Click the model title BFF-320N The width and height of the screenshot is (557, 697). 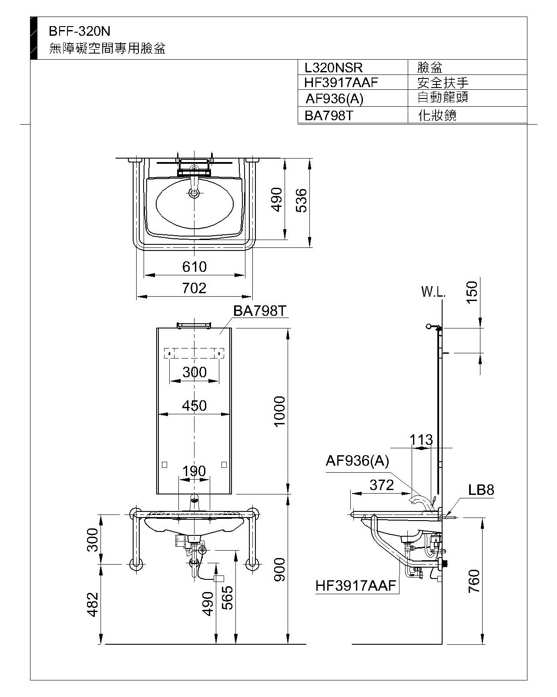pyautogui.click(x=79, y=31)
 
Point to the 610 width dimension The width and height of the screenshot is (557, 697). pyautogui.click(x=194, y=267)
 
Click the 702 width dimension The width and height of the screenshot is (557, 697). pyautogui.click(x=194, y=288)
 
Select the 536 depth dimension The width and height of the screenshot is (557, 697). pyautogui.click(x=301, y=200)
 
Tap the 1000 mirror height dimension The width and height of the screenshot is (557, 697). pyautogui.click(x=280, y=412)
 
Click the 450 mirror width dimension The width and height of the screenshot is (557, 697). pyautogui.click(x=194, y=406)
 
